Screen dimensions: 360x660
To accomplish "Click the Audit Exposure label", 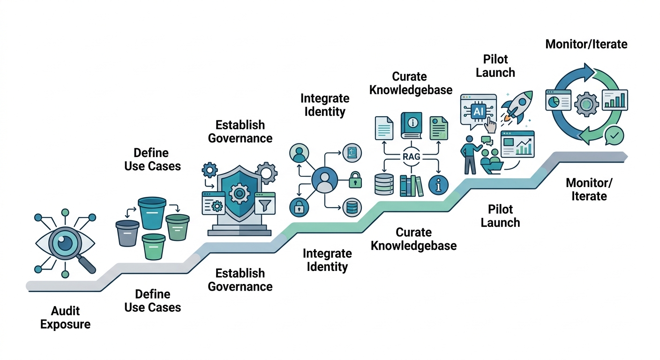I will [x=65, y=317].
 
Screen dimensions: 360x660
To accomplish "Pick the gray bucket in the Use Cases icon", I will [x=127, y=233].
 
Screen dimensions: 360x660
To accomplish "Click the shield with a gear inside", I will [x=240, y=193].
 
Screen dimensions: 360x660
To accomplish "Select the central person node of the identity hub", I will [x=324, y=180].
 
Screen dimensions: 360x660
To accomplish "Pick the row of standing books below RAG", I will [x=411, y=186].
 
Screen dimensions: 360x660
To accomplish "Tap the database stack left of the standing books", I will [x=384, y=184].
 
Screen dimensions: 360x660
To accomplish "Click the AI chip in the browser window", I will [x=479, y=112].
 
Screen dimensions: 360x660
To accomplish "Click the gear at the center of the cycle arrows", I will [x=585, y=104].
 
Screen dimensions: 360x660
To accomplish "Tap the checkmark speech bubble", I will [x=614, y=136].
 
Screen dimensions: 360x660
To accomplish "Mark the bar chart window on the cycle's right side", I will [x=615, y=100].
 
